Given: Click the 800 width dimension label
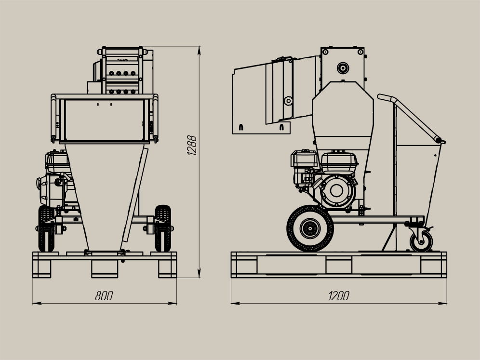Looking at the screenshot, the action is [x=104, y=296].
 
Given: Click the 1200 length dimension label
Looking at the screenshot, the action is [x=339, y=296].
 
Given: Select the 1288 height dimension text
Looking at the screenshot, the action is [x=192, y=146].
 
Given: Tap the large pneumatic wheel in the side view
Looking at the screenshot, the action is [x=310, y=228].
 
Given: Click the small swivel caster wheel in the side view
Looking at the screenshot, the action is [x=421, y=241].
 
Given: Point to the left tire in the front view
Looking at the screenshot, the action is [x=46, y=228].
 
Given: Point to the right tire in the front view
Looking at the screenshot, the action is [x=162, y=228].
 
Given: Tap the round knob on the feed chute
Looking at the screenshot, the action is [x=288, y=100].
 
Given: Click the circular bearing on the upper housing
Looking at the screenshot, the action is [x=343, y=68].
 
